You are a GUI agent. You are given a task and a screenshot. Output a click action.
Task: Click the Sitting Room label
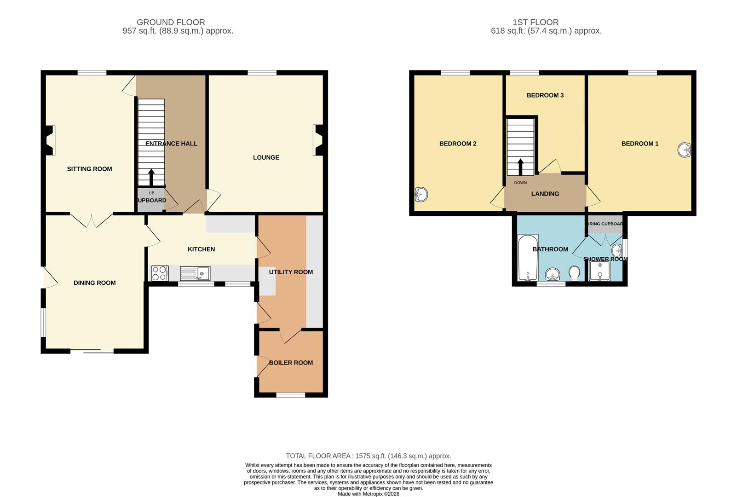coord(89,169)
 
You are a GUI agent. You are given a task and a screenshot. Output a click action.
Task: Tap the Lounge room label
coord(266,157)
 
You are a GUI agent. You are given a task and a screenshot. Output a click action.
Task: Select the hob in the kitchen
coord(160,273)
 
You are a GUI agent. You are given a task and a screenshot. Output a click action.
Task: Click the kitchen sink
coord(195,273)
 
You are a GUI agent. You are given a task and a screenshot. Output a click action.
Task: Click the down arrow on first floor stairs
coord(520,167)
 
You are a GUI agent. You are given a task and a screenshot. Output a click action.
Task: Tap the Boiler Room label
coord(291,363)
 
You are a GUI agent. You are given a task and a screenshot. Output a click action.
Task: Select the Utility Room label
coord(291,272)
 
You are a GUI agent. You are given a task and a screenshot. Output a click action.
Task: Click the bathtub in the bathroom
coord(528,258)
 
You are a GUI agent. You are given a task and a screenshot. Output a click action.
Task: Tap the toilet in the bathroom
coord(574,274)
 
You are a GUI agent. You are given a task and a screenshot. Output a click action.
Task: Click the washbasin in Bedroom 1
coord(685,150)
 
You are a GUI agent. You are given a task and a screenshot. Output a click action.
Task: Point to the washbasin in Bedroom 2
coord(420,194)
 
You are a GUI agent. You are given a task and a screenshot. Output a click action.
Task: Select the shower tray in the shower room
coord(599,271)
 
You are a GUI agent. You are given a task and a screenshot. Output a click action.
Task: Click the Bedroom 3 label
coord(545,95)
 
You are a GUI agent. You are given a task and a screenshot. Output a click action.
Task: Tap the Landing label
coord(545,194)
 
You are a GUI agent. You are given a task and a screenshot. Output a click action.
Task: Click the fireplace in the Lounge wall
coord(317,140)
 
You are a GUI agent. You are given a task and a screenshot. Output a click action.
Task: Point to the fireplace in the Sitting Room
coord(50,140)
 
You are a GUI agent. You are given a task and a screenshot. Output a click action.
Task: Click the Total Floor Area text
coord(368,456)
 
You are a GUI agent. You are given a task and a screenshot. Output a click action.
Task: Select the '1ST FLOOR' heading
coord(535,22)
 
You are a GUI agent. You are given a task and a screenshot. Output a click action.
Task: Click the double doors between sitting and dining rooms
coord(91,220)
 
